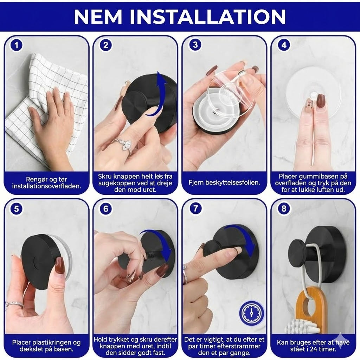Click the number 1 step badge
point(16,45)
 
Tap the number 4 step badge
point(284,45)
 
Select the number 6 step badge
point(105,209)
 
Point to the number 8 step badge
point(284,208)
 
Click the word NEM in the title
point(98,17)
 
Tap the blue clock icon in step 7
point(251,313)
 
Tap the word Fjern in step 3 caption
point(196,183)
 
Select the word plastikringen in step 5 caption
point(49,342)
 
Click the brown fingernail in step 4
point(320,101)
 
